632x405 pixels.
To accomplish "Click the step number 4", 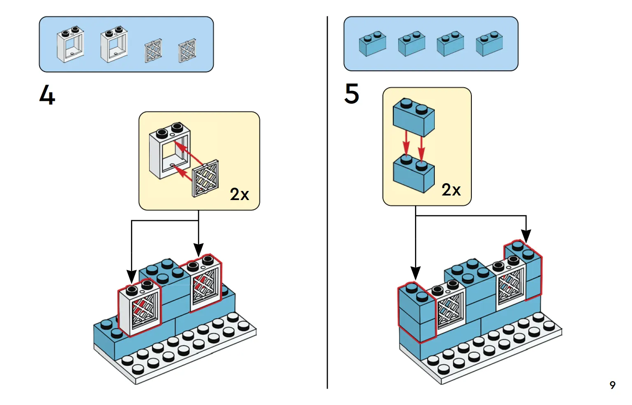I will point(47,95).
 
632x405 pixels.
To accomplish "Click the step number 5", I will point(352,93).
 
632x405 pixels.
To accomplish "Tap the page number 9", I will point(612,385).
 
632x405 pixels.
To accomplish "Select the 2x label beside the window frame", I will point(239,194).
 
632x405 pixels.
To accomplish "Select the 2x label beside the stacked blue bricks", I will point(451,190).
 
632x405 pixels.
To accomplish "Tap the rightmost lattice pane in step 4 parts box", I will point(187,51).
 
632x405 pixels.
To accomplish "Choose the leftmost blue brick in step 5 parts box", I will point(372,44).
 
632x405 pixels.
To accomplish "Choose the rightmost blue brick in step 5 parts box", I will point(489,44).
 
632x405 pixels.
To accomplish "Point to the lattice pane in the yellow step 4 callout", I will point(205,179).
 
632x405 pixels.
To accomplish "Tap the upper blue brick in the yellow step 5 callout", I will point(413,117).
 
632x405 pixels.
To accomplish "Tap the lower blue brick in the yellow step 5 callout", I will point(413,174).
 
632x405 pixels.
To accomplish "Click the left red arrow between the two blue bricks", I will point(406,143).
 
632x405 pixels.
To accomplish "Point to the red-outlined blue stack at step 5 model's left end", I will point(416,312).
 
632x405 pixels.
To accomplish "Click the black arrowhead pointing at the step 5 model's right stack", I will point(526,236).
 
